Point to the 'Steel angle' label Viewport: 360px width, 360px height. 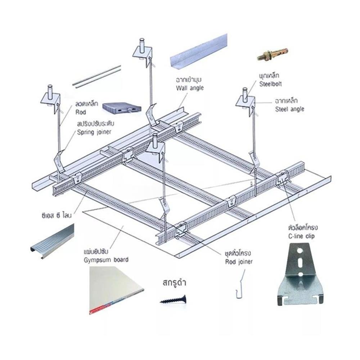coord(289,108)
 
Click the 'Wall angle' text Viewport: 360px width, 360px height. coord(190,88)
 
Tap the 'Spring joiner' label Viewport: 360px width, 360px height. coord(94,132)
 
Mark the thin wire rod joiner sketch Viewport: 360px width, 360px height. coord(238,286)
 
